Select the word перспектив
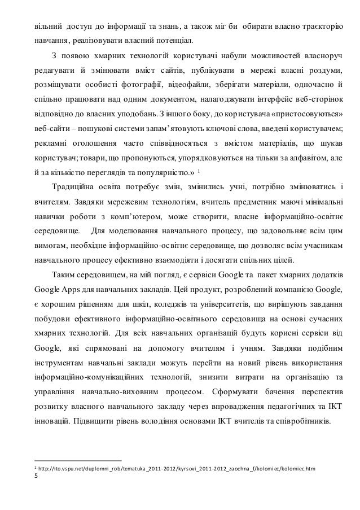pyautogui.click(x=327, y=392)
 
